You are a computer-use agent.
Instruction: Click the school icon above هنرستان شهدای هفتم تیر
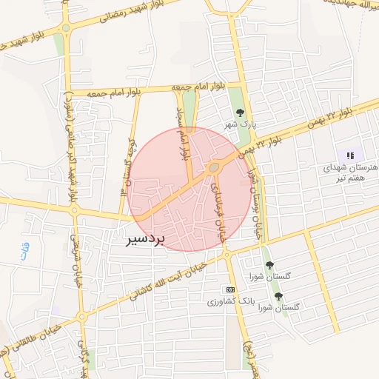(x=350, y=155)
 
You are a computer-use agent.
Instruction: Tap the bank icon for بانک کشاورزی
(x=230, y=289)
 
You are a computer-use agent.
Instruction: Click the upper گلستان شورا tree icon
(x=269, y=264)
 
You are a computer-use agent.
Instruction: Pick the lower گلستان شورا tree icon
(x=278, y=296)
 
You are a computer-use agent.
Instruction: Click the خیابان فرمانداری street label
(x=218, y=212)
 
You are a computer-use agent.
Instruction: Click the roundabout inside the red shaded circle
(x=214, y=169)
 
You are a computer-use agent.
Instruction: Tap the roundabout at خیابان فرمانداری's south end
(x=227, y=255)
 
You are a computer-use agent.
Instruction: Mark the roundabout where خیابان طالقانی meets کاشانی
(x=81, y=318)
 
